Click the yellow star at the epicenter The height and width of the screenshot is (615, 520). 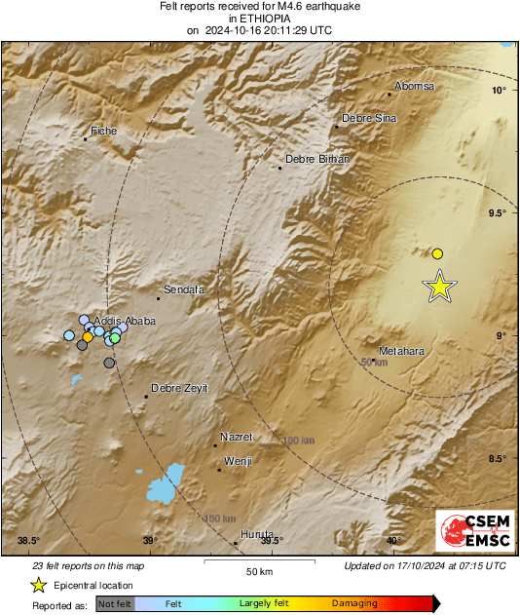440,287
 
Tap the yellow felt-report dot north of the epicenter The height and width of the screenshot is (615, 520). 437,253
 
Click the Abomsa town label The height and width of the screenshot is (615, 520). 415,87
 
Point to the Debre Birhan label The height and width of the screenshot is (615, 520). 316,159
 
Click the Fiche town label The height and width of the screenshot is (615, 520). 103,131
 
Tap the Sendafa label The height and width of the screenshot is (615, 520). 182,289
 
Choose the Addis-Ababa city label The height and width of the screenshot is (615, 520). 124,320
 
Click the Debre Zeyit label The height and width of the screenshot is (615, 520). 179,388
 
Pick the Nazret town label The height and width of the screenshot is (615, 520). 237,437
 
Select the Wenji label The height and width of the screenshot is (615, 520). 239,461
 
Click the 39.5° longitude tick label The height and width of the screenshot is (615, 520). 272,541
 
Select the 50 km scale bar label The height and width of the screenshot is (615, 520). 258,571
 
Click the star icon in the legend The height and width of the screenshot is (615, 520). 38,585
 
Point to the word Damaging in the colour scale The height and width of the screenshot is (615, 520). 354,604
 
